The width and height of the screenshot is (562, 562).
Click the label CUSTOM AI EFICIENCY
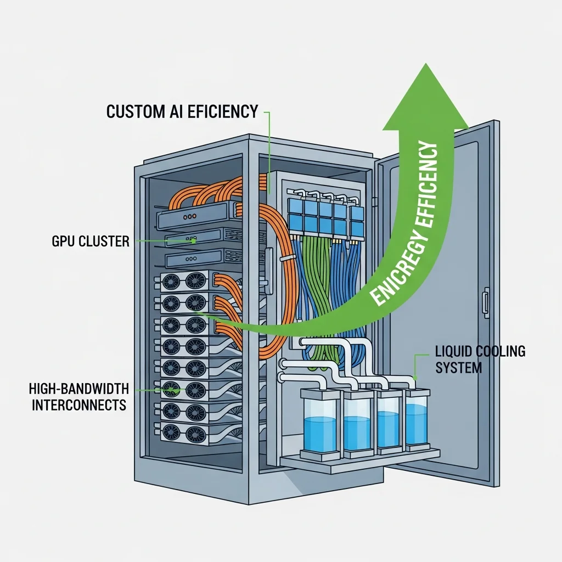182,111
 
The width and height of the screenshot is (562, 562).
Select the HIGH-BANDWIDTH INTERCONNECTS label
78,397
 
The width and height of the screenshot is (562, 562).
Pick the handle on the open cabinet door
485,303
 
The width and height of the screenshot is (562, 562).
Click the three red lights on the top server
189,217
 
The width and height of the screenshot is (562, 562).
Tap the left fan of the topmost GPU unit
172,282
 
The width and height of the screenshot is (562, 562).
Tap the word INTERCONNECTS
79,406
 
